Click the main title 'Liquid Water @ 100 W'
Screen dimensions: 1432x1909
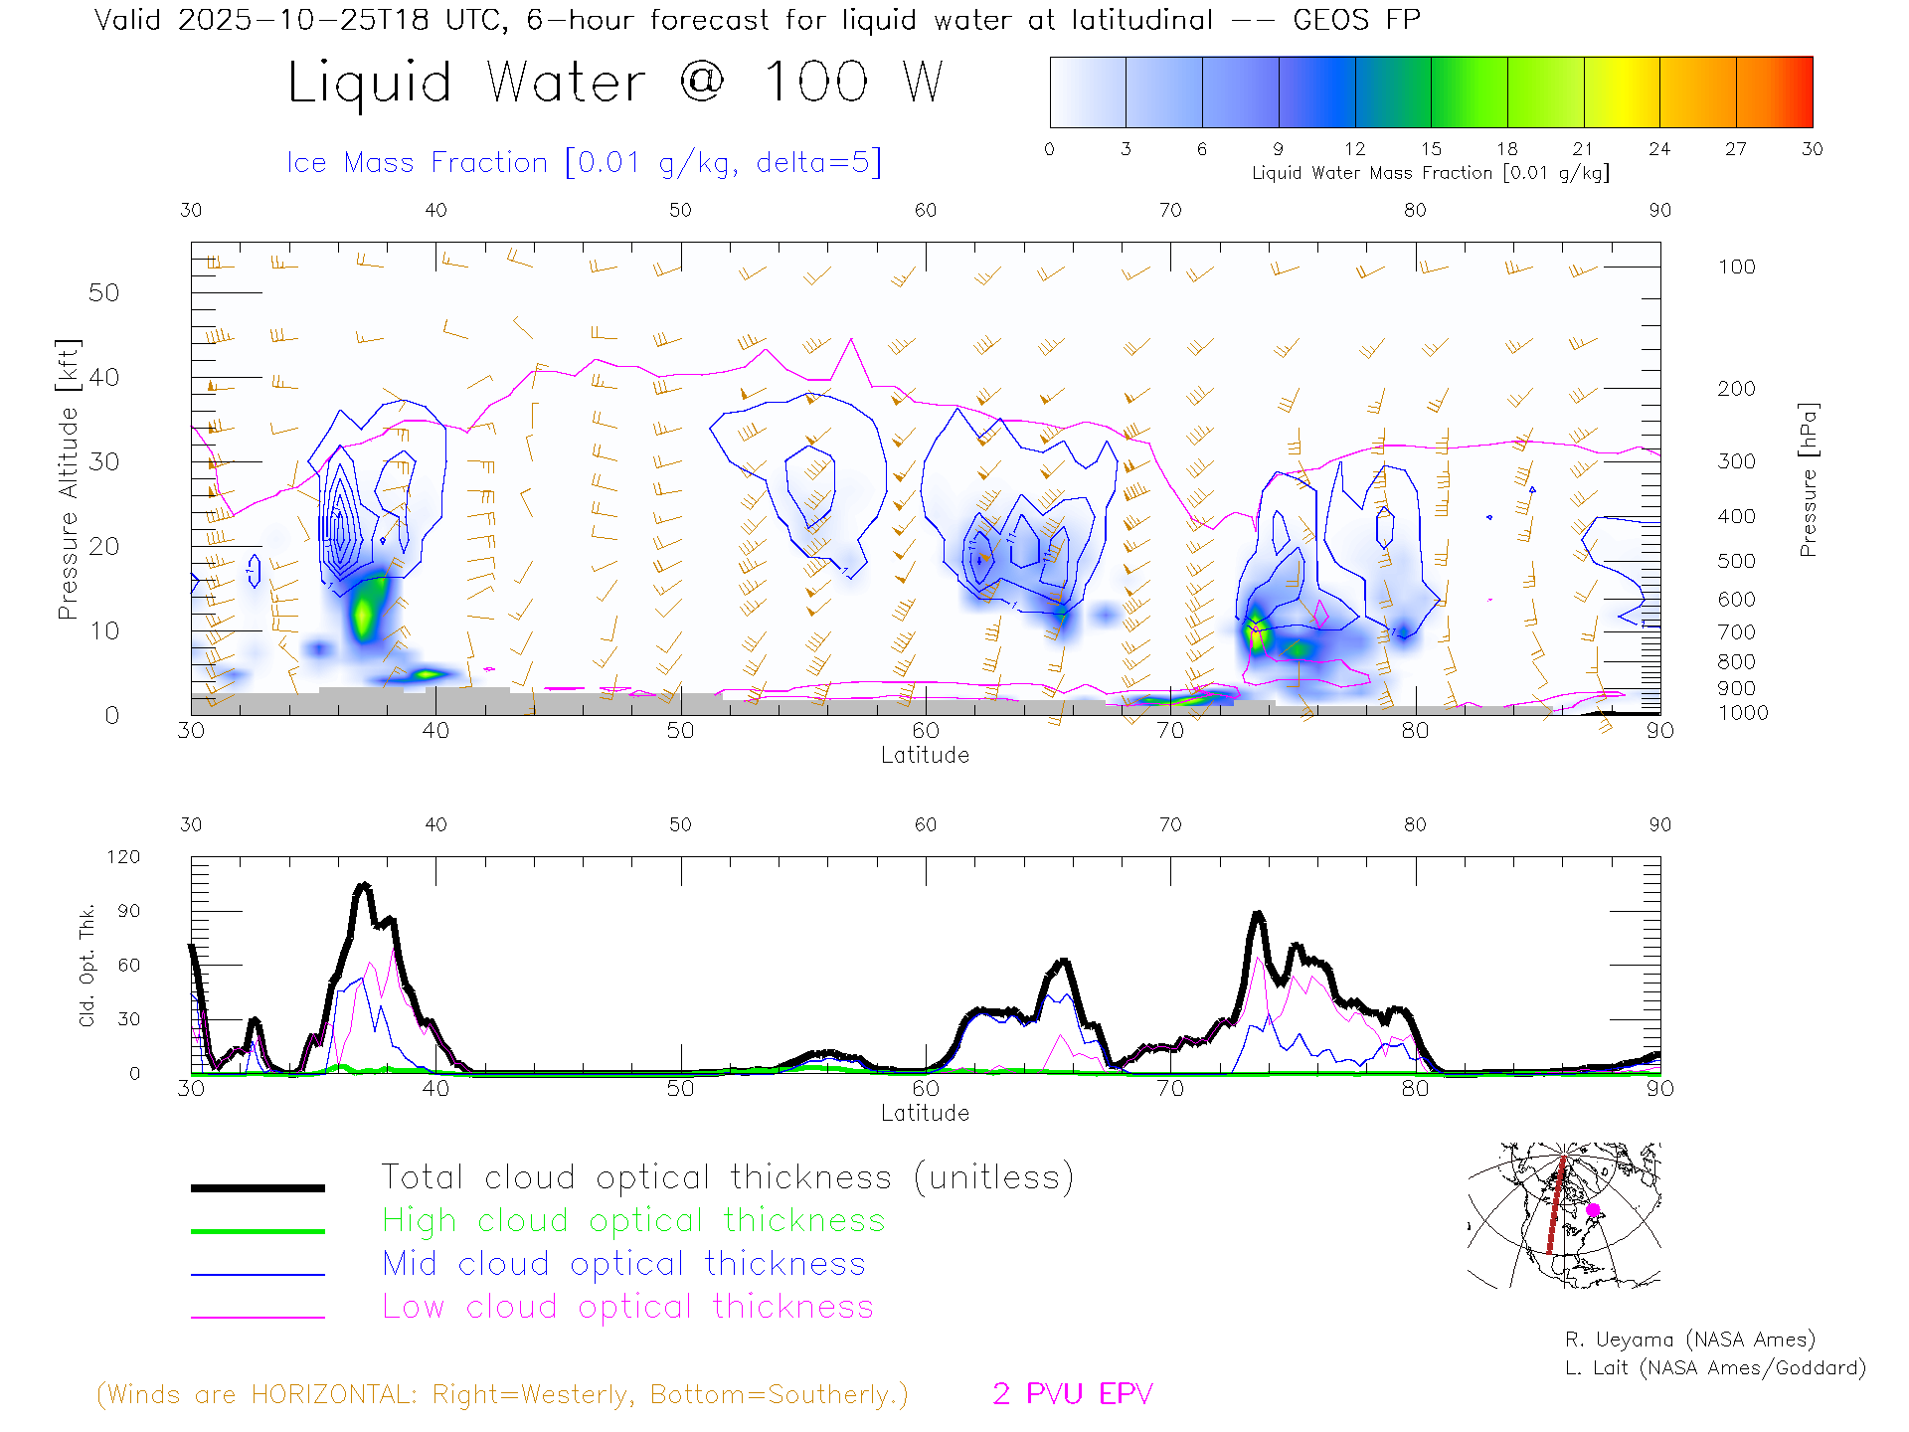(614, 83)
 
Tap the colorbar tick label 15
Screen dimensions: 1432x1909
(1431, 149)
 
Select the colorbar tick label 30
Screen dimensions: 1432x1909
(1812, 149)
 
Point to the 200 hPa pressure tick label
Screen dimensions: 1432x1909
(1736, 389)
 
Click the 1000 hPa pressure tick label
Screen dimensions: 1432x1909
(1743, 713)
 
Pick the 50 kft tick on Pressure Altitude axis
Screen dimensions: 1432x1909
(103, 293)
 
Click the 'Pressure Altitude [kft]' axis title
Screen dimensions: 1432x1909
(68, 479)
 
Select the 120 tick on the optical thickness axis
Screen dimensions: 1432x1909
(123, 857)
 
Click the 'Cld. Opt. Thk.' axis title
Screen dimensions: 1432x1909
(87, 965)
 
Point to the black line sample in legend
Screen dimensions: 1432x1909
(258, 1187)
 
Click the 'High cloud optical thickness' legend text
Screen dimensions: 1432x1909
(633, 1220)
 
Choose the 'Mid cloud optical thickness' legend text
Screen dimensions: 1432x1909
(623, 1264)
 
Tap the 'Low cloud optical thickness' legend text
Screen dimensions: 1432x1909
(627, 1307)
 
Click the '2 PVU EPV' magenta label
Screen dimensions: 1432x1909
(1072, 1394)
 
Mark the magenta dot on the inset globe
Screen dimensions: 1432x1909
(1593, 1210)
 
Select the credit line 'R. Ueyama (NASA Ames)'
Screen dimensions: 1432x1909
(1689, 1340)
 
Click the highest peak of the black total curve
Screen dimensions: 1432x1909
(364, 885)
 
